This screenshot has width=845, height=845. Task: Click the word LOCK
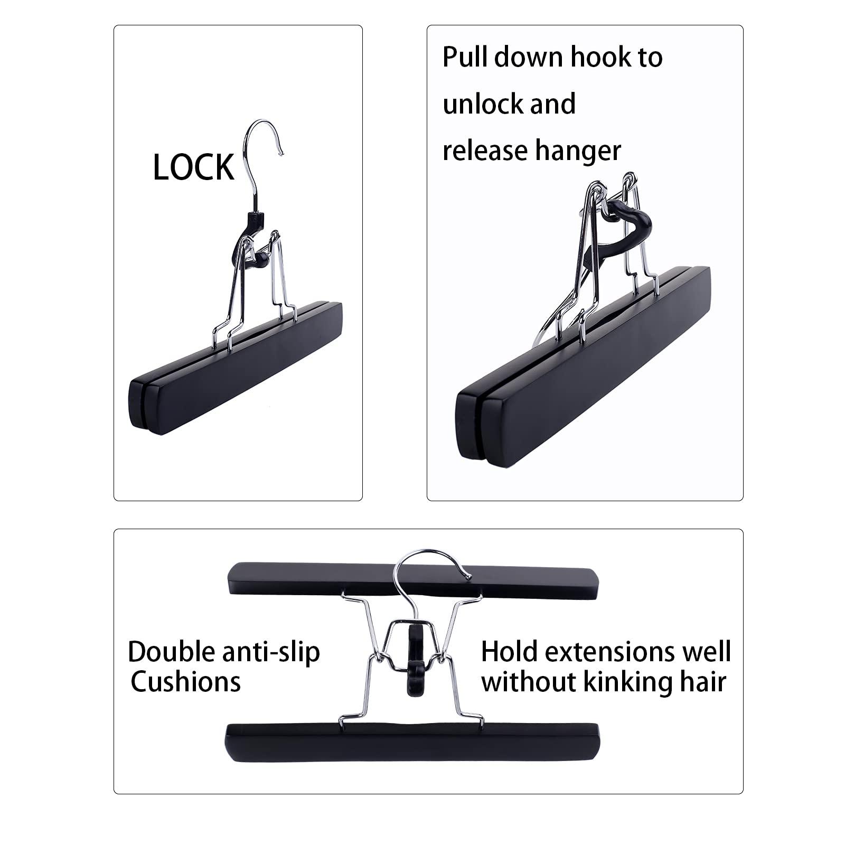193,168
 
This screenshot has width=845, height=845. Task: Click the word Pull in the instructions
465,57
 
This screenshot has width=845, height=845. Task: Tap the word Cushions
185,682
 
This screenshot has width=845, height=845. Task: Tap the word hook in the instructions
600,57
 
